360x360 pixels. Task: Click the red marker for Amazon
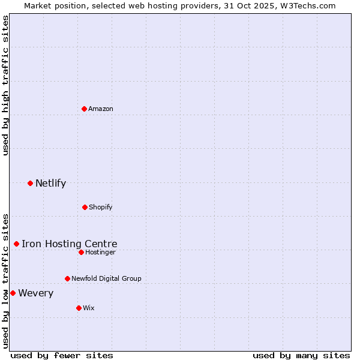point(85,109)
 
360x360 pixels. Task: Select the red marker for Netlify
point(30,183)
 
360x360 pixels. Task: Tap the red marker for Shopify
point(85,207)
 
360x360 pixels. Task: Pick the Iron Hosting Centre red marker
point(16,244)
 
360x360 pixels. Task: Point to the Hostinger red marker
point(81,252)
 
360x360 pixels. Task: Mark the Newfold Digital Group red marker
point(67,278)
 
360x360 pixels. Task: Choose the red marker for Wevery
point(13,293)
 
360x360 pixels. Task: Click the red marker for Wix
point(79,308)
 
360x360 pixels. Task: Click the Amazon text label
point(101,109)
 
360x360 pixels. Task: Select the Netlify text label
point(50,183)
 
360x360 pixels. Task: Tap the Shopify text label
point(101,207)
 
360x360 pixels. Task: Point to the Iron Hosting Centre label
point(70,244)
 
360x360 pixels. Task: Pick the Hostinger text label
point(100,252)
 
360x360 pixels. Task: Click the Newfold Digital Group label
point(106,278)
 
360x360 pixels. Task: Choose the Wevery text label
point(36,293)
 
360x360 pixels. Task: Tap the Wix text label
point(89,308)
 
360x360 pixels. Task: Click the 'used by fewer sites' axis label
point(62,355)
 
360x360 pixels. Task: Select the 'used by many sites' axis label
point(301,355)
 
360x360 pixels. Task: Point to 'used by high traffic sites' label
point(6,85)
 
